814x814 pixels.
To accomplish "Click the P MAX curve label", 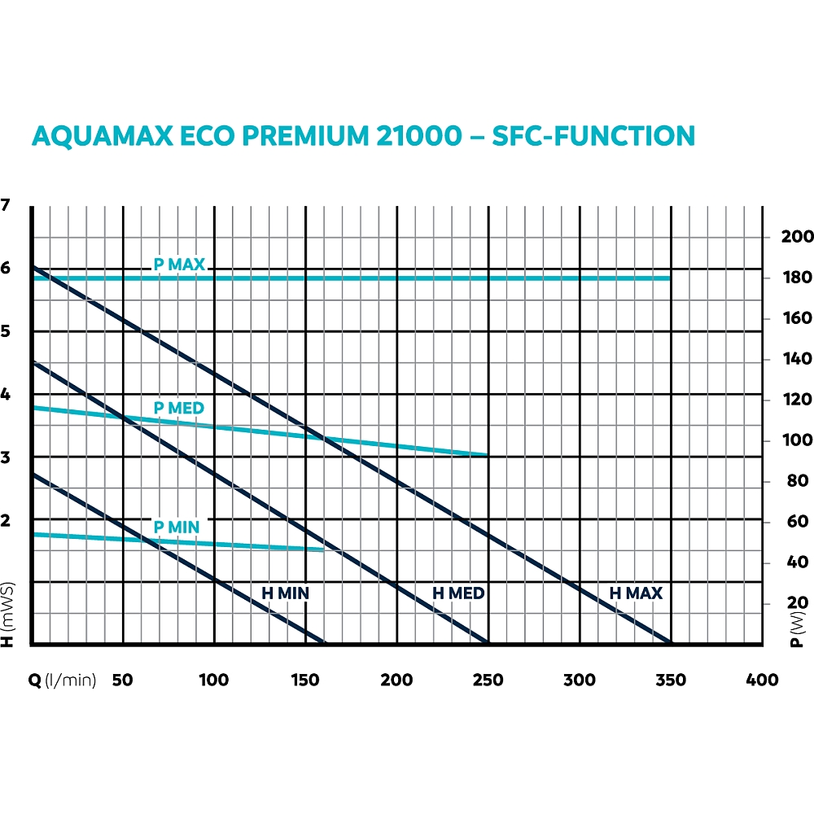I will point(179,265).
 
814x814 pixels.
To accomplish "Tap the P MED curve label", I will point(179,408).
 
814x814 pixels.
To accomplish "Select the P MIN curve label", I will point(177,527).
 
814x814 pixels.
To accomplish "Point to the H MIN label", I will point(285,593).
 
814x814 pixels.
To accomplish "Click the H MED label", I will point(458,593).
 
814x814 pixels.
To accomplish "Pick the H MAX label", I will point(636,593).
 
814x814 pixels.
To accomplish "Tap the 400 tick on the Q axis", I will point(762,681).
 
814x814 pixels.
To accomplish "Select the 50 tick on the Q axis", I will point(122,681).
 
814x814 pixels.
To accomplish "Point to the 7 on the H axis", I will point(7,205).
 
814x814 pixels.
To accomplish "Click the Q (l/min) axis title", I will point(63,681).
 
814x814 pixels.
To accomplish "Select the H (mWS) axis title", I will point(8,615).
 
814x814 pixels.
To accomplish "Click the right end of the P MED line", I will point(488,454).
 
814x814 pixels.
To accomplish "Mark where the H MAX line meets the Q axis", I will point(672,644).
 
